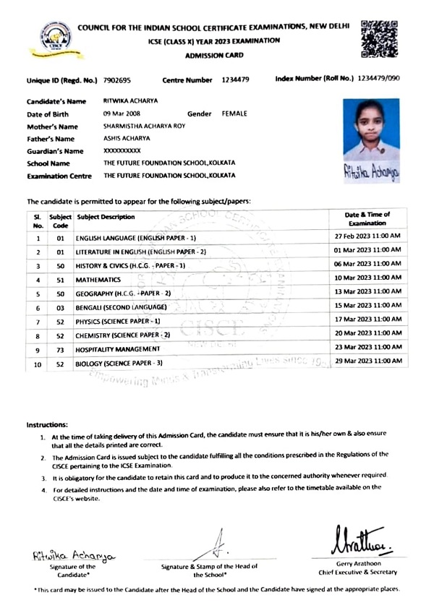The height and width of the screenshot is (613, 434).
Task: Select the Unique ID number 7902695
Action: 117,80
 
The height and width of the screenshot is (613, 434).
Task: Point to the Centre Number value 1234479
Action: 237,80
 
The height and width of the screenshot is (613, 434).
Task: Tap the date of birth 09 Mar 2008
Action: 124,114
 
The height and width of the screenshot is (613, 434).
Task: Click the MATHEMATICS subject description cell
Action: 98,279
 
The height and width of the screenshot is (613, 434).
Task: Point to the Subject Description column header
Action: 106,217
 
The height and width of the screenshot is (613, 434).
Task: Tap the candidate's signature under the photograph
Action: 372,173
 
